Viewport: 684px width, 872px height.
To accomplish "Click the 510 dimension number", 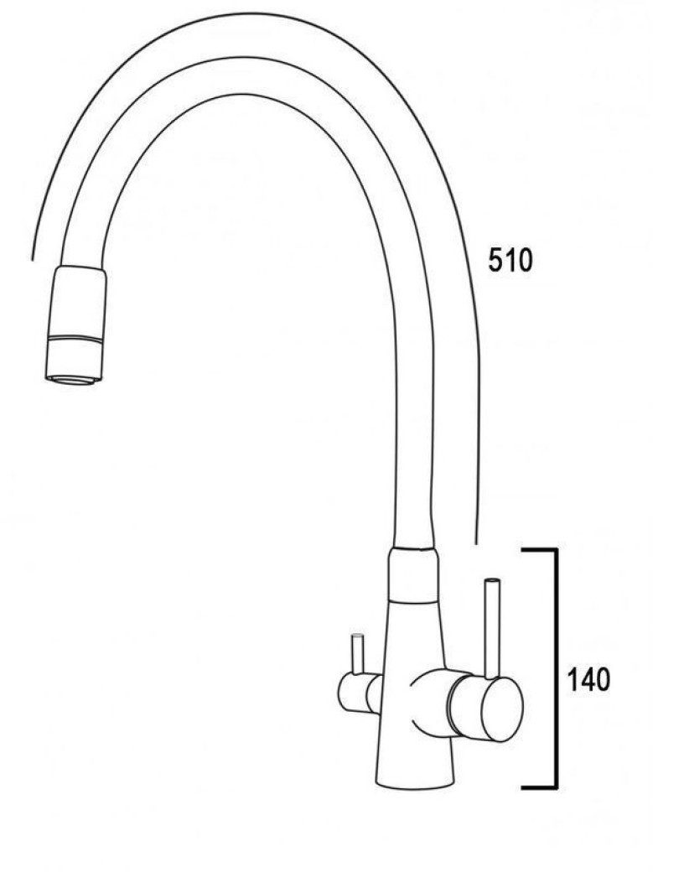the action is (510, 260).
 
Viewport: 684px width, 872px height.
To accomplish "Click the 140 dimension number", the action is (588, 679).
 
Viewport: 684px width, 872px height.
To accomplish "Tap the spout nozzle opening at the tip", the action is (74, 380).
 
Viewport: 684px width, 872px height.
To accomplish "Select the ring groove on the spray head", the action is (75, 338).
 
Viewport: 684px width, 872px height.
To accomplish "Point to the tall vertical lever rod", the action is (492, 629).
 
